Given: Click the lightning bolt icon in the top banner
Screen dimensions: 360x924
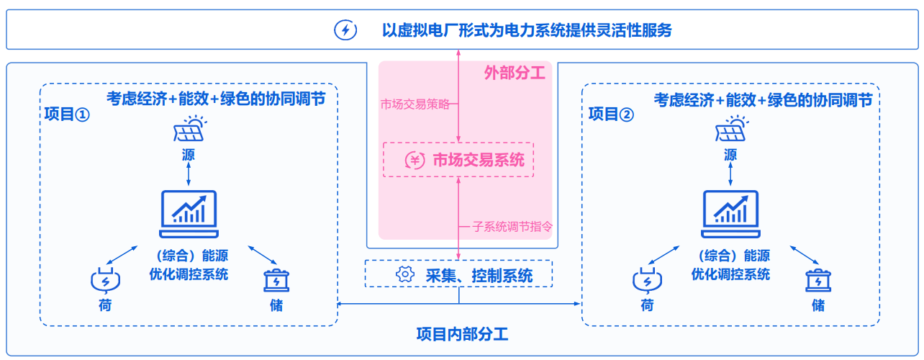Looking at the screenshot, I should pyautogui.click(x=346, y=30).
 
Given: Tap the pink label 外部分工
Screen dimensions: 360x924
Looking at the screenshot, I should pyautogui.click(x=515, y=73).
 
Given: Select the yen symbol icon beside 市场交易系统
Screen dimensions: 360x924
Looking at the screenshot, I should pyautogui.click(x=415, y=160).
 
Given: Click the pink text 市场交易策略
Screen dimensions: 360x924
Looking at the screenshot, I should pyautogui.click(x=415, y=104).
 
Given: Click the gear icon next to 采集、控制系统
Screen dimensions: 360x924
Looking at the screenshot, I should pyautogui.click(x=405, y=274).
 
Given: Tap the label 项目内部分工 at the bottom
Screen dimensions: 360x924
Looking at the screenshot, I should pyautogui.click(x=462, y=334).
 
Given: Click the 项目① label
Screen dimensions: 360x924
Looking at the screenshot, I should pyautogui.click(x=67, y=114).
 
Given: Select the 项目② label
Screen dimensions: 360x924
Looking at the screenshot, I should pyautogui.click(x=611, y=114).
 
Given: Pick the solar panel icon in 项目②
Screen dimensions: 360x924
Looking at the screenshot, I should pyautogui.click(x=732, y=130).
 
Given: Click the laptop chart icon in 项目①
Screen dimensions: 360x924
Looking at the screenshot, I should pyautogui.click(x=189, y=215).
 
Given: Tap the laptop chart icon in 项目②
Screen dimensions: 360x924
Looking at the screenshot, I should pyautogui.click(x=730, y=215).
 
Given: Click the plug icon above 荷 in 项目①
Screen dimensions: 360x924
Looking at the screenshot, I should pyautogui.click(x=105, y=279).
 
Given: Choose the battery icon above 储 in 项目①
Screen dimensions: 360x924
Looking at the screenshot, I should pyautogui.click(x=276, y=279).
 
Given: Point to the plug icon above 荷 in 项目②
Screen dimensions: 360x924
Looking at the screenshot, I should pyautogui.click(x=647, y=279).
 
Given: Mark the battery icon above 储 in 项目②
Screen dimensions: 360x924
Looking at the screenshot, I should pyautogui.click(x=817, y=279).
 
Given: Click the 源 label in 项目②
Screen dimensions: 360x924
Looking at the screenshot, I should pyautogui.click(x=731, y=154).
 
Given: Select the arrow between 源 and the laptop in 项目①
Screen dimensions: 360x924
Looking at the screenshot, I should pyautogui.click(x=189, y=174).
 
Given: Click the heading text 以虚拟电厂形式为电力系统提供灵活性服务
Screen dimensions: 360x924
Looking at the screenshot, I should pyautogui.click(x=527, y=30).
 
